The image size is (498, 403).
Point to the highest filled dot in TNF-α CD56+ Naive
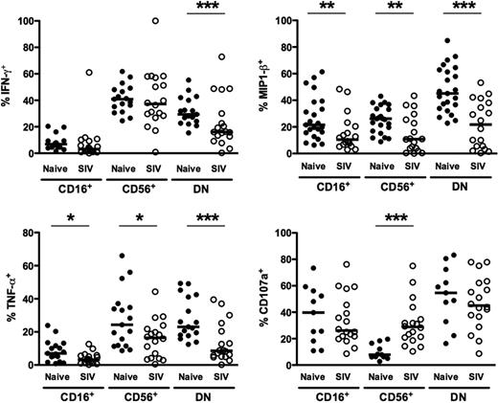click(x=122, y=257)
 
